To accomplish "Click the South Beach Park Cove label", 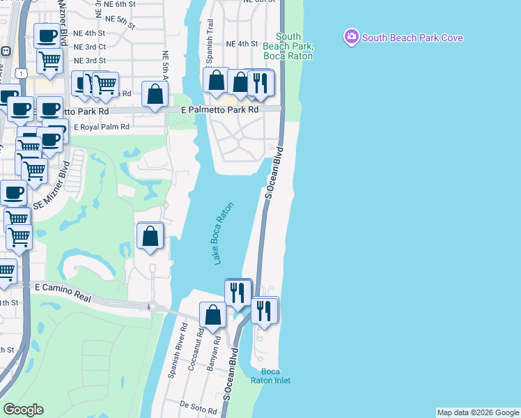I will click(x=412, y=38).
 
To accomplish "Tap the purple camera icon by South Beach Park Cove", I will click(x=352, y=36).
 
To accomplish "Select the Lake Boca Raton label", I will click(x=223, y=233).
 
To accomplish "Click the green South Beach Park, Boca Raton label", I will click(x=288, y=46).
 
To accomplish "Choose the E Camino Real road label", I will click(x=63, y=293).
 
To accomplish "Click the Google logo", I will click(x=23, y=410).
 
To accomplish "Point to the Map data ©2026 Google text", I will click(x=477, y=412).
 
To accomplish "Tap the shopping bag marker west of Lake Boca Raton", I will click(x=150, y=237).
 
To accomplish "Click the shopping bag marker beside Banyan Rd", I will click(x=213, y=315).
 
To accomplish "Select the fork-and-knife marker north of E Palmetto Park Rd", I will click(x=261, y=82).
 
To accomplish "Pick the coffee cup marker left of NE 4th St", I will click(x=47, y=35).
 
